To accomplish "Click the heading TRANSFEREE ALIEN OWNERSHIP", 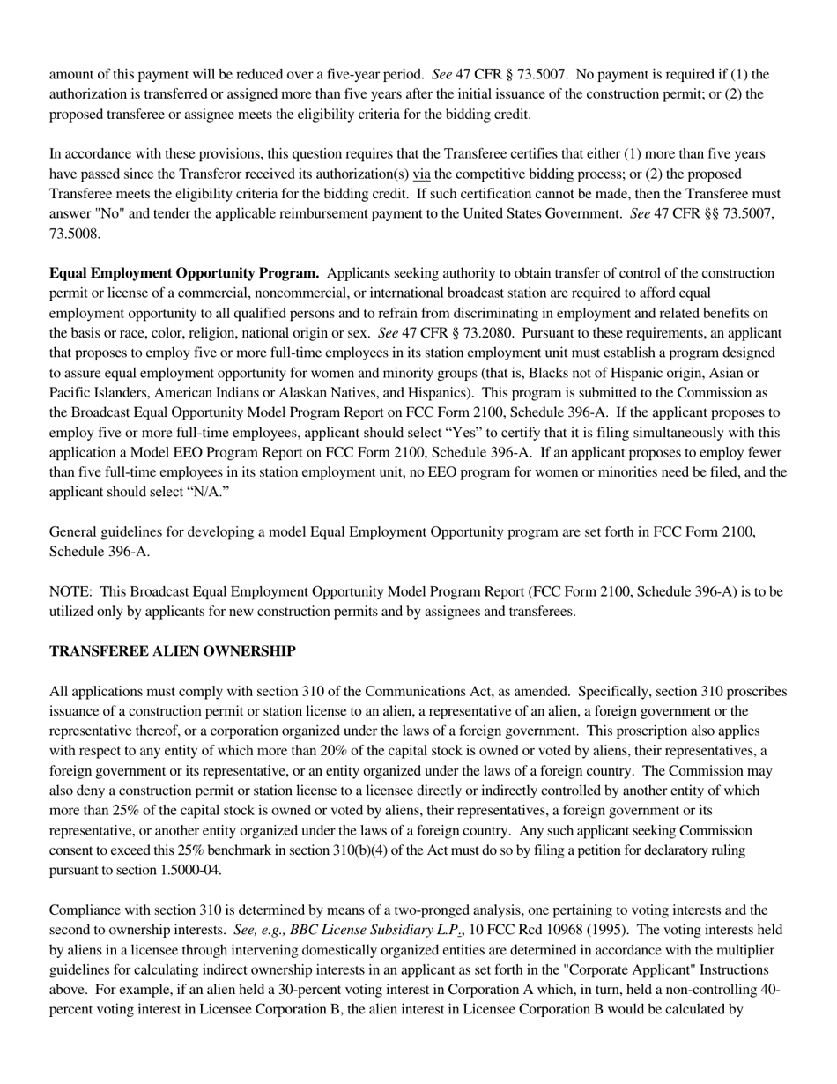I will point(172,651).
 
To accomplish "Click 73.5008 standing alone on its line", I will point(75,234).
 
